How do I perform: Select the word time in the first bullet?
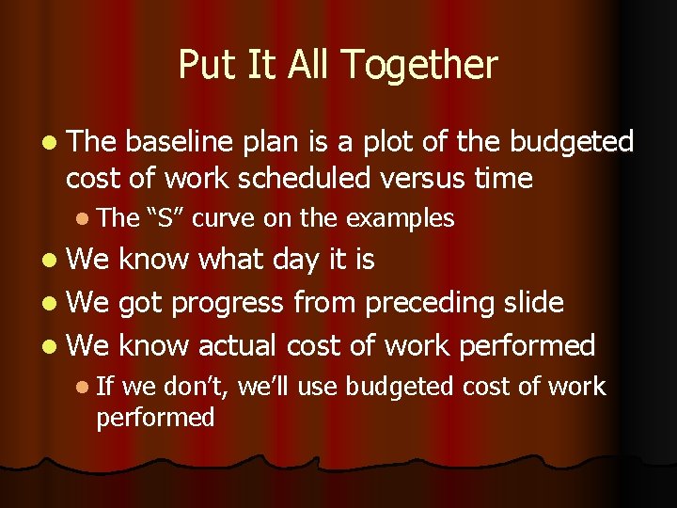[x=505, y=178]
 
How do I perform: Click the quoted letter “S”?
[x=168, y=218]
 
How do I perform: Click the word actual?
[x=241, y=345]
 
